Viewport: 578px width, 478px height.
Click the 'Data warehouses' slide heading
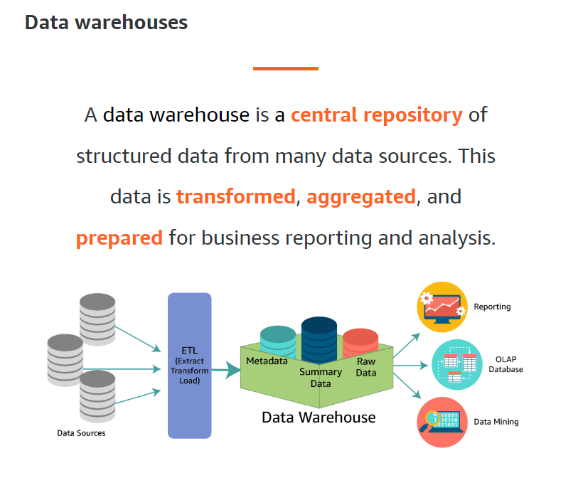(x=106, y=23)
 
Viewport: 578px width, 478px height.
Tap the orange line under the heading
(x=285, y=68)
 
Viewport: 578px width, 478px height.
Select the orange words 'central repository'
(x=376, y=115)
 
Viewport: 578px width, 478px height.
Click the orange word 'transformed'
(x=235, y=196)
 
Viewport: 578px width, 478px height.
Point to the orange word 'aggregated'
(x=361, y=196)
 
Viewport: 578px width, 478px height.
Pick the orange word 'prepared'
(x=119, y=238)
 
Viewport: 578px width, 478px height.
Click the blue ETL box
(x=189, y=365)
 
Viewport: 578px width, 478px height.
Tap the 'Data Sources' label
(x=81, y=432)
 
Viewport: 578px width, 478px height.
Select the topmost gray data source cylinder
(x=97, y=317)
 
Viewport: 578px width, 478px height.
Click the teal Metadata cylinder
(x=278, y=340)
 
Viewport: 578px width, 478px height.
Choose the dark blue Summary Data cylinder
(x=319, y=339)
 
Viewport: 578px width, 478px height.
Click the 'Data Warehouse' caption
(x=319, y=418)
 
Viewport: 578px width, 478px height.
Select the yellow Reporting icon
(x=441, y=307)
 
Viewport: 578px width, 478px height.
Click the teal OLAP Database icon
(x=457, y=365)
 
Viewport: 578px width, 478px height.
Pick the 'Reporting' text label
(x=492, y=307)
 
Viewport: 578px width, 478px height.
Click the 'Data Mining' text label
(x=496, y=422)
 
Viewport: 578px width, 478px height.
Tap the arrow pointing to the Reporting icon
(x=407, y=344)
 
